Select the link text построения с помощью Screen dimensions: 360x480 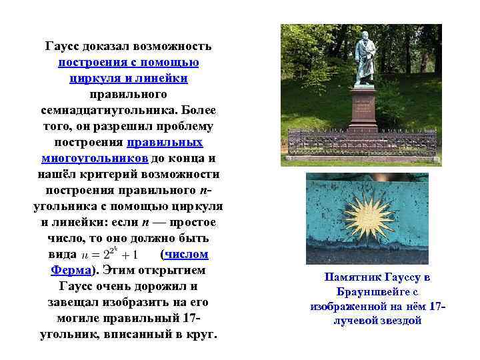pyautogui.click(x=128, y=63)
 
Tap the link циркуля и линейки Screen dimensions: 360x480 pyautogui.click(x=128, y=79)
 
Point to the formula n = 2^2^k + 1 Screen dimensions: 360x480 pyautogui.click(x=109, y=255)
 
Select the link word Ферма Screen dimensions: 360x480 pyautogui.click(x=71, y=271)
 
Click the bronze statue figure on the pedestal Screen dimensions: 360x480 pyautogui.click(x=365, y=59)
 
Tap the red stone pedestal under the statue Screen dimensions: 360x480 pyautogui.click(x=363, y=110)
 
